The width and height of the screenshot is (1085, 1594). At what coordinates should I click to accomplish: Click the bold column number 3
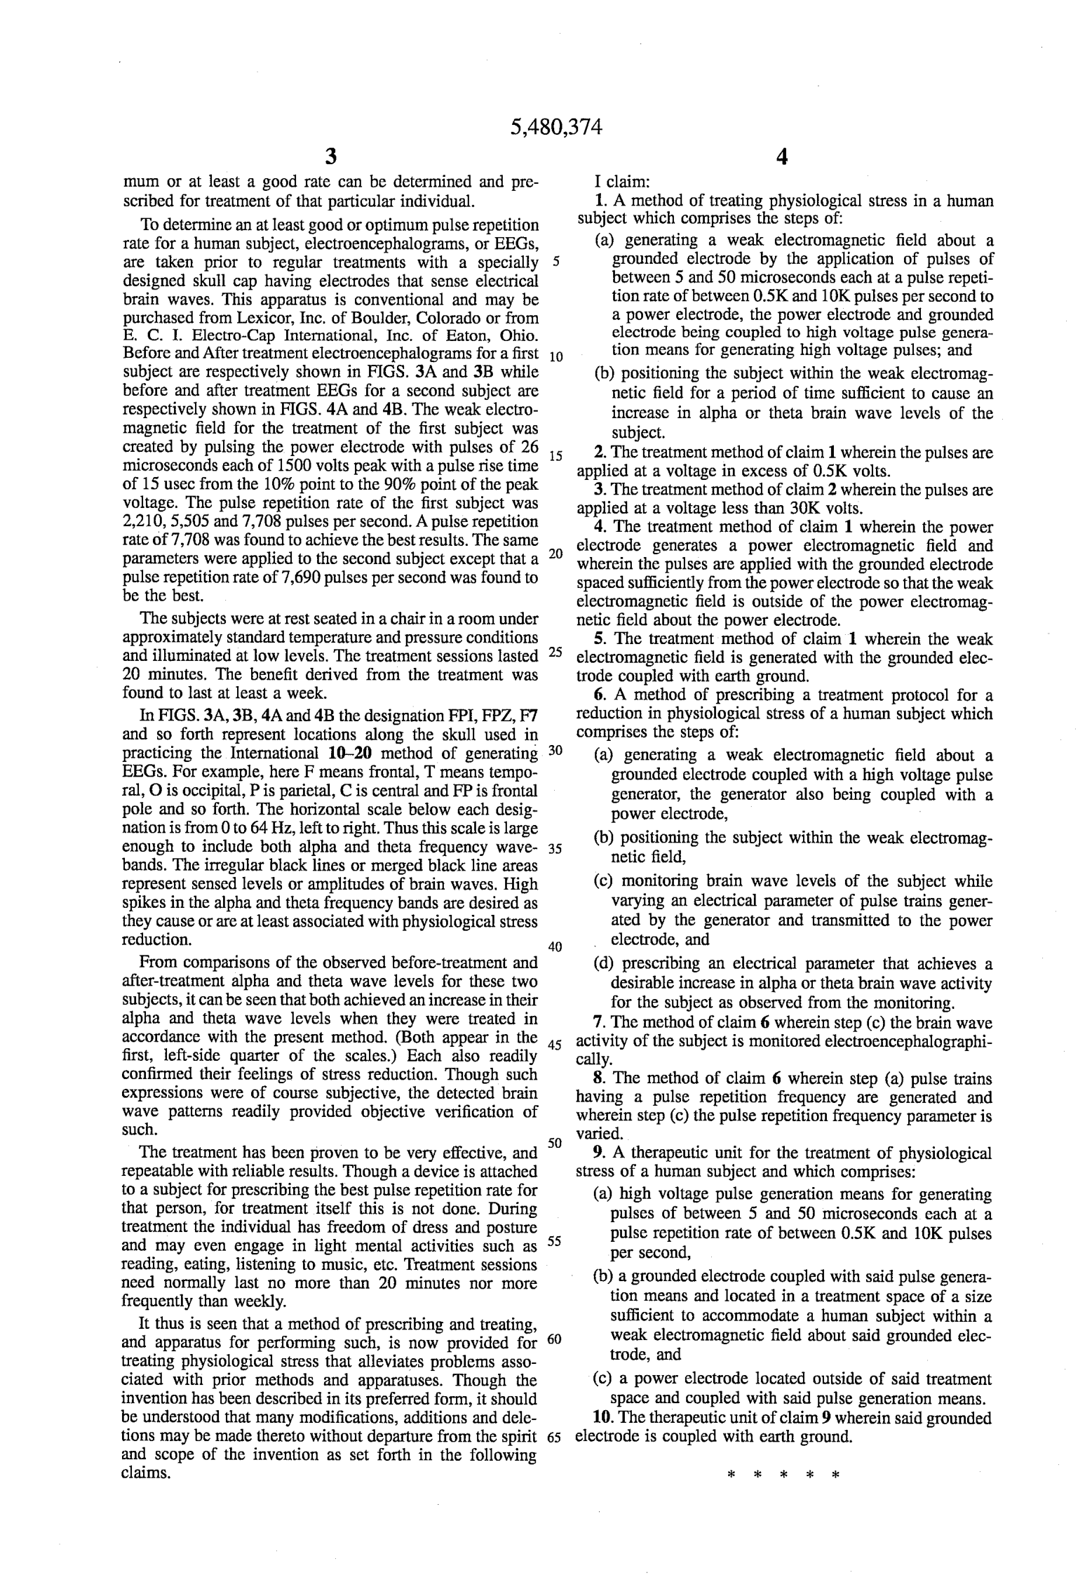330,156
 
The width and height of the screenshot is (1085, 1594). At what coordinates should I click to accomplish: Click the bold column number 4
783,156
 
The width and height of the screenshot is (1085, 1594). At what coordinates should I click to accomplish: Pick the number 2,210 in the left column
144,522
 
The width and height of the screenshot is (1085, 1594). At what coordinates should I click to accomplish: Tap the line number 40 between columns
555,947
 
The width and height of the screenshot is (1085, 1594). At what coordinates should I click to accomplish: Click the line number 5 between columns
556,263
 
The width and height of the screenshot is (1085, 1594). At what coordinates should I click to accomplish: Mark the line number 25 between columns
555,652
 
